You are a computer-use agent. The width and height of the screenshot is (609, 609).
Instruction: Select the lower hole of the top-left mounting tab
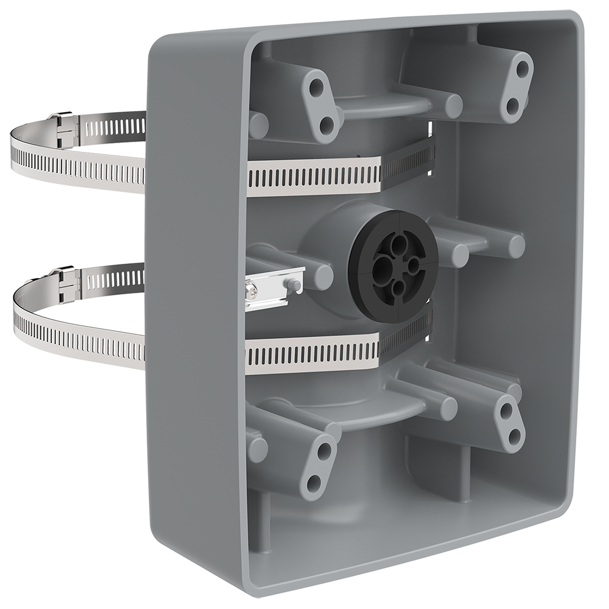coord(326,124)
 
